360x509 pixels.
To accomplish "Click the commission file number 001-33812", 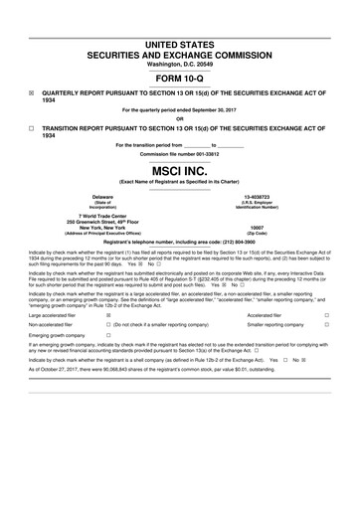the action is tap(218, 155).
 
